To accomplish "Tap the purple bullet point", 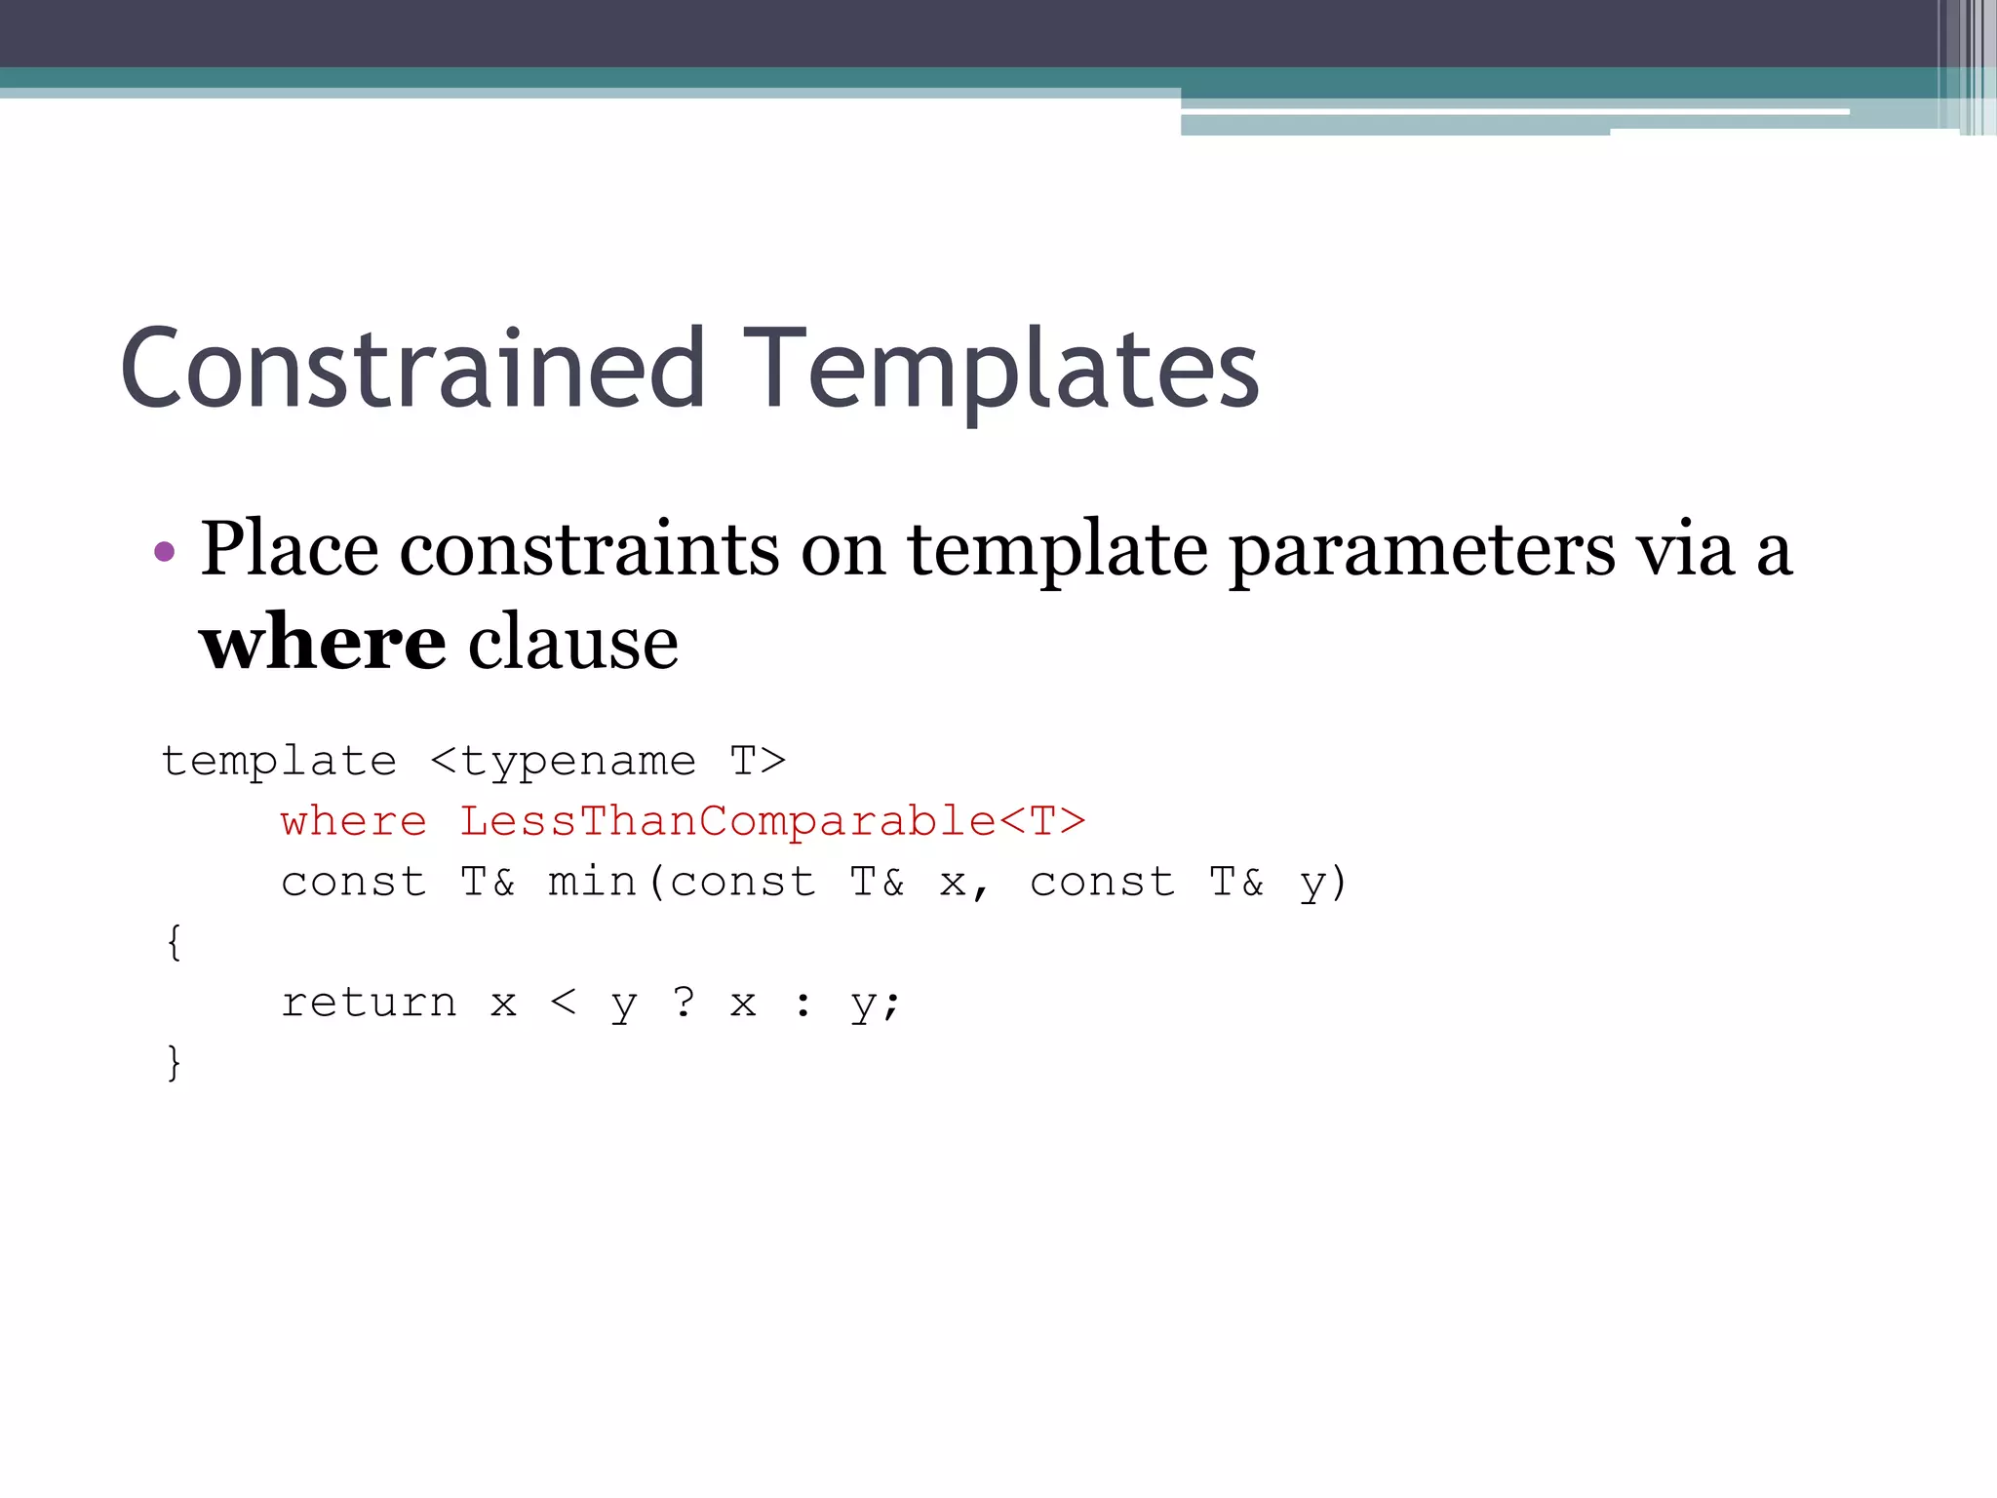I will click(x=165, y=552).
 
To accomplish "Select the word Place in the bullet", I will click(x=289, y=549).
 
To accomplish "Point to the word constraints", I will click(x=589, y=549).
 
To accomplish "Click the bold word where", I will click(x=323, y=643).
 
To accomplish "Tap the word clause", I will click(x=573, y=643).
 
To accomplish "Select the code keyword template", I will click(x=279, y=762).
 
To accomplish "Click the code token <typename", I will click(x=564, y=762).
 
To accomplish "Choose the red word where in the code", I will click(x=354, y=821).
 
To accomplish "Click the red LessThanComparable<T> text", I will click(x=772, y=821).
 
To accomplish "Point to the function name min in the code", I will click(x=593, y=882).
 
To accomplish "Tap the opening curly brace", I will click(x=174, y=942).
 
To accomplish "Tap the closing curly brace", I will click(x=174, y=1062).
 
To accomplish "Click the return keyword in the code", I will click(x=369, y=1003).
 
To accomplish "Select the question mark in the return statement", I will click(x=684, y=1002).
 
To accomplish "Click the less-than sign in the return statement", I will click(x=564, y=1002).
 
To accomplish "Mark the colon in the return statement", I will click(x=803, y=1004).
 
